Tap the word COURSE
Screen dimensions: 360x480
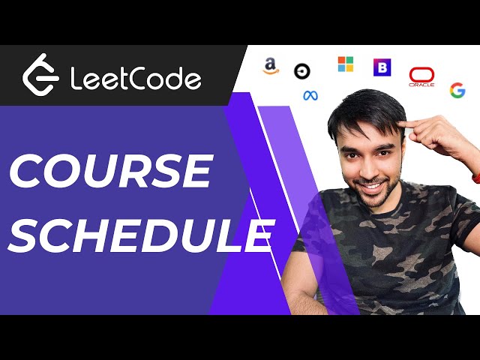[109, 172]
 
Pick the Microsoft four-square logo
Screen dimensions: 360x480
[345, 64]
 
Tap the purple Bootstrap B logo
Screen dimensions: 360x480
[382, 67]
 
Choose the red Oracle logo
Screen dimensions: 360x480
[421, 76]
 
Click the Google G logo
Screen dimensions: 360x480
[457, 90]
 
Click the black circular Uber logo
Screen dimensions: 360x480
[303, 71]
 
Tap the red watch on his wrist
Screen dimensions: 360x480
[475, 178]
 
